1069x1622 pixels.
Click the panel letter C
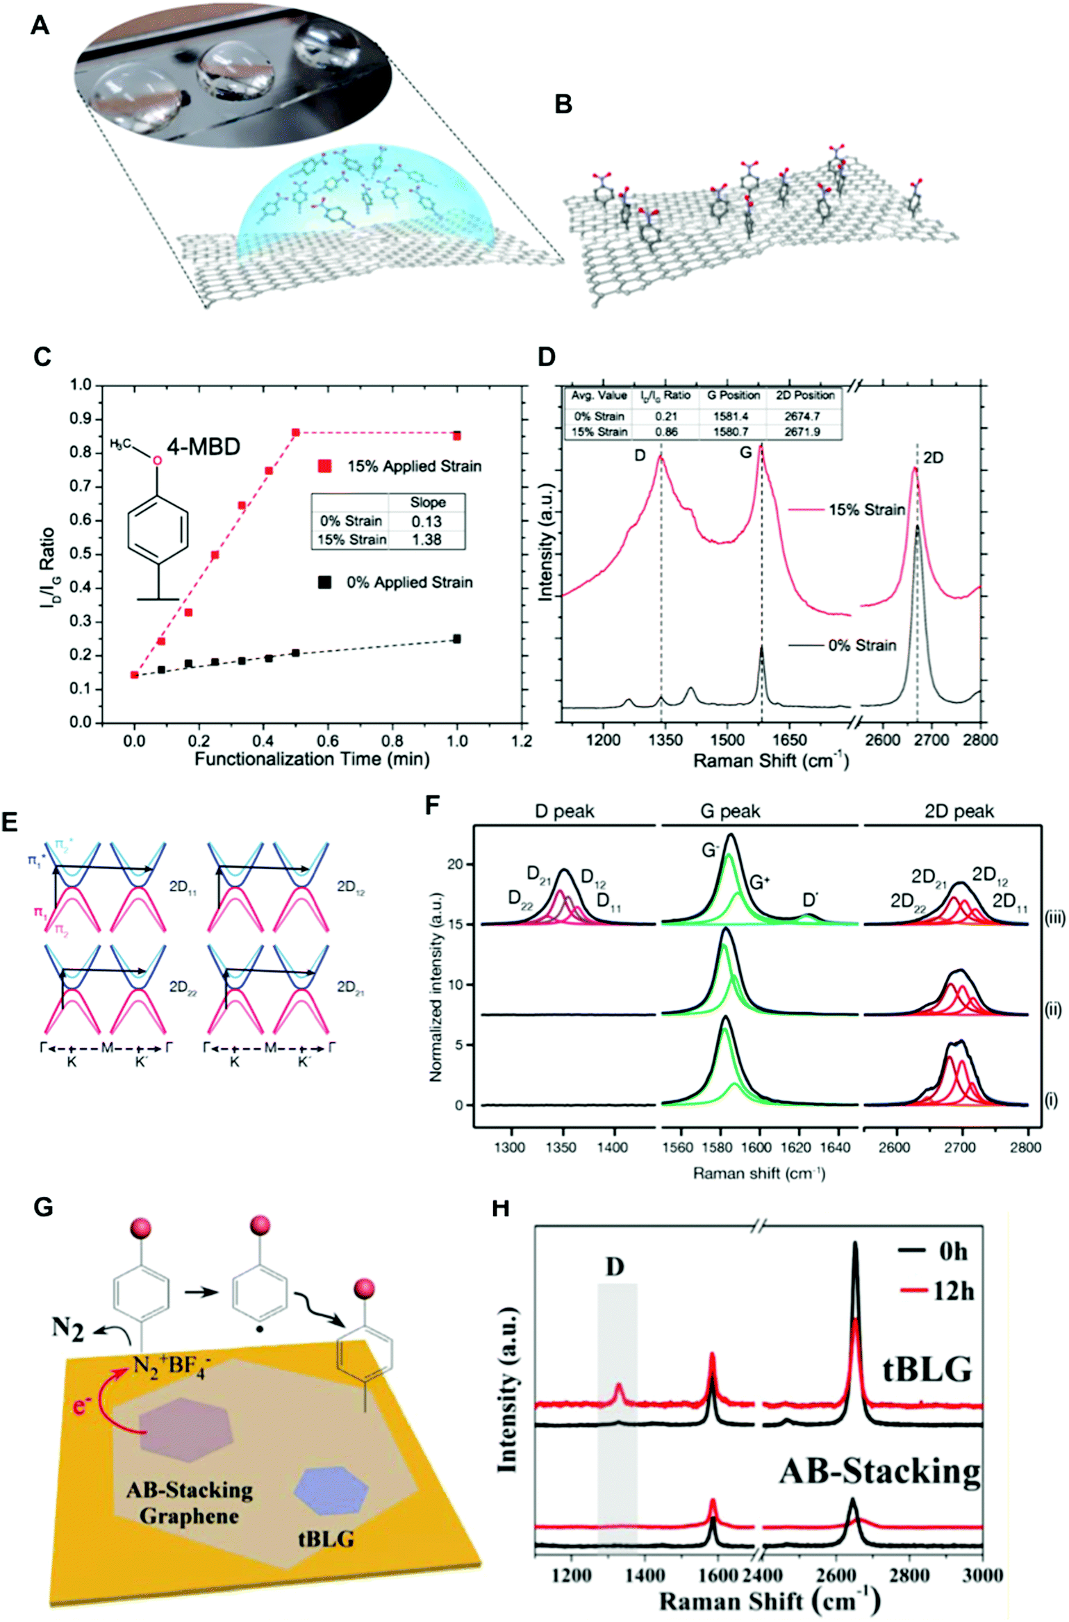coord(42,356)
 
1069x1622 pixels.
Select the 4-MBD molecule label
coord(203,446)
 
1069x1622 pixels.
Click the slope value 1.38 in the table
coord(426,540)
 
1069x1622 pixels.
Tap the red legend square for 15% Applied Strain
coord(324,465)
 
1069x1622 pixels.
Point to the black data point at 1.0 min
coord(456,638)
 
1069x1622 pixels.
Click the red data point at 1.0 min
coord(456,436)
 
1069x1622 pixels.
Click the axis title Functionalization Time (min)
coord(312,759)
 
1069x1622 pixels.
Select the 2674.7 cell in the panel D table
coord(804,416)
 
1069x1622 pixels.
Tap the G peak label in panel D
coord(745,453)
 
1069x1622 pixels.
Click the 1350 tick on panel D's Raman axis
coord(665,740)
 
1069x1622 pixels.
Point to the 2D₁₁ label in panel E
coord(183,887)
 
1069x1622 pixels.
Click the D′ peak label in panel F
coord(810,900)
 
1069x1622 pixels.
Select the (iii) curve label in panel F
coord(1053,918)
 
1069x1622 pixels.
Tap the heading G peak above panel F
coord(730,811)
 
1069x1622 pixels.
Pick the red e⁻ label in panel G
coord(82,1405)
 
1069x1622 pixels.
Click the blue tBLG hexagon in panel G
coord(330,1489)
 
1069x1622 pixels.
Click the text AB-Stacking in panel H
coord(880,1471)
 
